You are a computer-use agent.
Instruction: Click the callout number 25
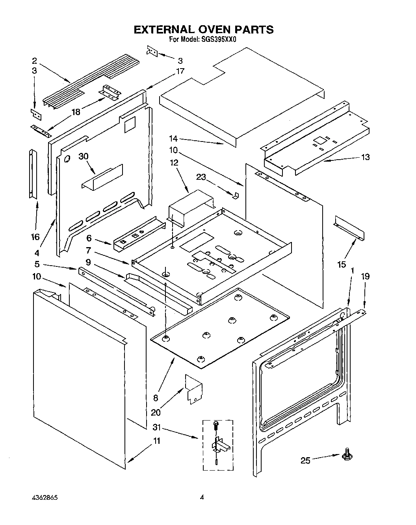point(305,460)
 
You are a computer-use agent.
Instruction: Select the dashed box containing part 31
point(217,445)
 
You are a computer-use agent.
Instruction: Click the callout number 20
point(156,412)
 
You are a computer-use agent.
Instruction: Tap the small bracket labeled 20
point(193,389)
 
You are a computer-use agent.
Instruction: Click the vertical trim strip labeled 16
point(31,173)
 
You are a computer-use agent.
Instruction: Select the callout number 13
point(365,157)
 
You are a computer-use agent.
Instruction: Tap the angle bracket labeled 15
point(349,228)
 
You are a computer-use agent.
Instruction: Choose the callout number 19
point(365,276)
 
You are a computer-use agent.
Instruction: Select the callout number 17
point(180,71)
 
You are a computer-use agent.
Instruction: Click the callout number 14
point(173,138)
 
